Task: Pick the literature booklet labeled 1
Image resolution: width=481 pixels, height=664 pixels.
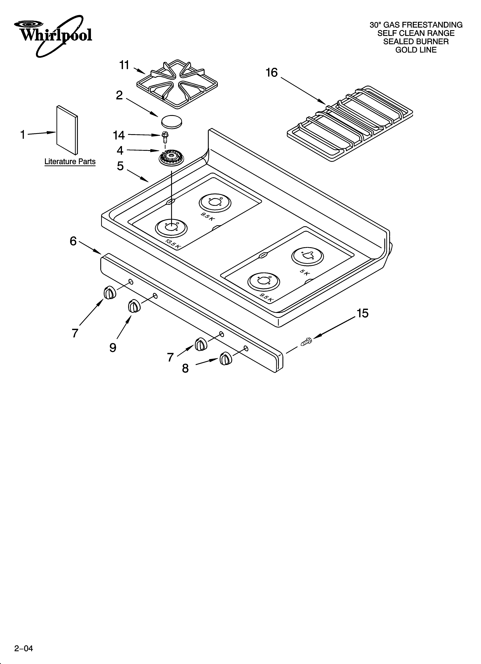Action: (x=67, y=130)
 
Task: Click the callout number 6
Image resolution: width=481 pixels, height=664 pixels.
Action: (x=73, y=241)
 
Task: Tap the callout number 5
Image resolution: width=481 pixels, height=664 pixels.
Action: (x=120, y=166)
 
